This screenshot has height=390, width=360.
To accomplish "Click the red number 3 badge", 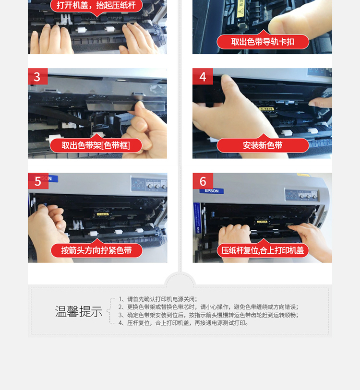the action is pyautogui.click(x=37, y=76).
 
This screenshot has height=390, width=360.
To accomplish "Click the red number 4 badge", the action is pyautogui.click(x=203, y=76).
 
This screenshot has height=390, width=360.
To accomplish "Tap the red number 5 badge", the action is pyautogui.click(x=38, y=181).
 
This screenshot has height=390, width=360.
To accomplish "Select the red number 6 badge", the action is pyautogui.click(x=203, y=181).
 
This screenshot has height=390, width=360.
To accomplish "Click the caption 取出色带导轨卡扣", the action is pyautogui.click(x=263, y=42).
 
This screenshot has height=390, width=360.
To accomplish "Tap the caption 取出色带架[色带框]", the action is pyautogui.click(x=96, y=145).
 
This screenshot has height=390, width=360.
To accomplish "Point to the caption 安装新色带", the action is pyautogui.click(x=263, y=145).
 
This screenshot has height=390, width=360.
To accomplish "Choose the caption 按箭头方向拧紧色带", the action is pyautogui.click(x=96, y=250).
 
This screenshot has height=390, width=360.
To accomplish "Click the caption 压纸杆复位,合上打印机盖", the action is pyautogui.click(x=263, y=250).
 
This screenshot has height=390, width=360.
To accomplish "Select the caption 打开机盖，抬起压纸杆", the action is pyautogui.click(x=96, y=5).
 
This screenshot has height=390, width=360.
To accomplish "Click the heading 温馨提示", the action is pyautogui.click(x=79, y=311).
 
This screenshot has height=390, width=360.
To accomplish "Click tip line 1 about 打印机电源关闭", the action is pyautogui.click(x=158, y=299).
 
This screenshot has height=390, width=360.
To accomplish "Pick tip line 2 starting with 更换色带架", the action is pyautogui.click(x=208, y=307).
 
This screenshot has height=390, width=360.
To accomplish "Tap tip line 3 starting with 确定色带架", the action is pyautogui.click(x=208, y=315).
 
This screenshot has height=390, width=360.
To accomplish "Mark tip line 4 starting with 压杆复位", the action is pyautogui.click(x=183, y=323).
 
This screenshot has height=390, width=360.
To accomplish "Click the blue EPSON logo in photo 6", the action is pyautogui.click(x=212, y=191).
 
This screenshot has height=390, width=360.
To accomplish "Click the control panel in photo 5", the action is pyautogui.click(x=149, y=184).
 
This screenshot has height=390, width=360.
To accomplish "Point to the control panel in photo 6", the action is pyautogui.click(x=302, y=195).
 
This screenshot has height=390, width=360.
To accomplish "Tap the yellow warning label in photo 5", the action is pyautogui.click(x=102, y=214).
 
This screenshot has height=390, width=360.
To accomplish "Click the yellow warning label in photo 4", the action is pyautogui.click(x=266, y=109).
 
